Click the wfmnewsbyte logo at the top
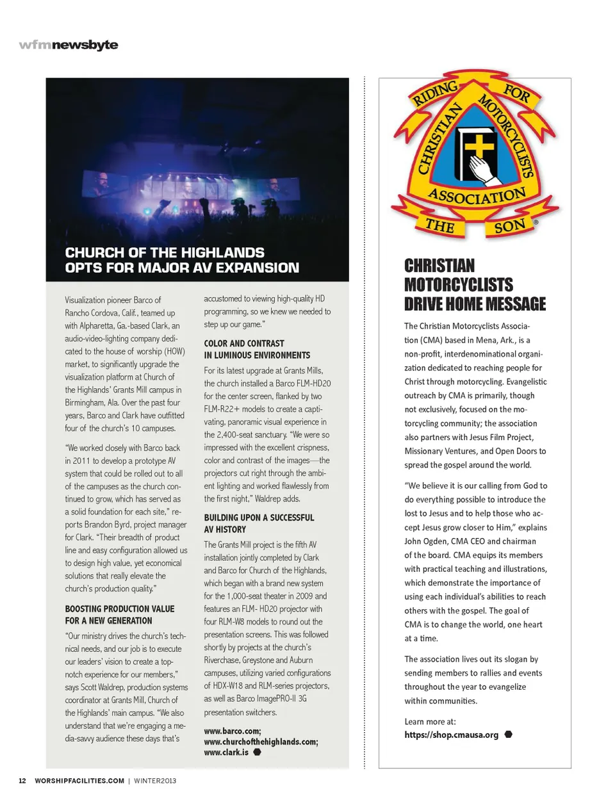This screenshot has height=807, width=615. pos(69,45)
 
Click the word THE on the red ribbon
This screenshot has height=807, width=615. pos(440,225)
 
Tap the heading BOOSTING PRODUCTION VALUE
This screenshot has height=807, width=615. pos(120,608)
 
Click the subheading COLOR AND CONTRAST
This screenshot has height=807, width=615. pos(244,343)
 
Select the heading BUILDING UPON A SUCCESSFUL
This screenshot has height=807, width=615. pos(259,518)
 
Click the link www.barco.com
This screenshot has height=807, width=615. pos(232,731)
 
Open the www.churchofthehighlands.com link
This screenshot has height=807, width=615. pos(261,742)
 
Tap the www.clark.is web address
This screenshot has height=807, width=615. pos(226,753)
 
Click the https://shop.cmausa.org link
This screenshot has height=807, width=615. pos(451,735)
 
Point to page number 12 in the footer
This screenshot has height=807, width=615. pos(22,781)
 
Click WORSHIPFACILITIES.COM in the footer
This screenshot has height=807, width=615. pos(79,781)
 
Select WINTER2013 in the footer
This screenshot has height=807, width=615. pos(155,781)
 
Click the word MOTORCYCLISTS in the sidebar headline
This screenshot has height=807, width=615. pos(459,285)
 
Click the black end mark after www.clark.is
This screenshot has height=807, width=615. pos(257,753)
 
